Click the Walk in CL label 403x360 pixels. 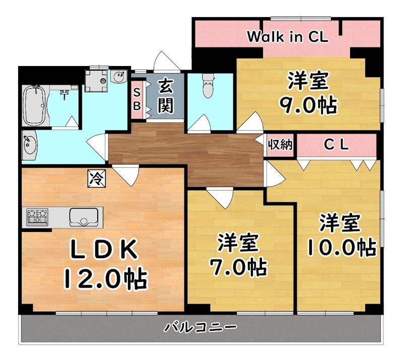click(288, 36)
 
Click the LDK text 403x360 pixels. click(103, 249)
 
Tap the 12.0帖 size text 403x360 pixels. click(105, 277)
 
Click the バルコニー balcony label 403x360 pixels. click(200, 328)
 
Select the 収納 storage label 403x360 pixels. click(280, 145)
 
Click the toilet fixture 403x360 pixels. click(207, 87)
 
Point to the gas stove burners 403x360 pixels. click(37, 217)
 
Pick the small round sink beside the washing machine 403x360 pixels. click(119, 78)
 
